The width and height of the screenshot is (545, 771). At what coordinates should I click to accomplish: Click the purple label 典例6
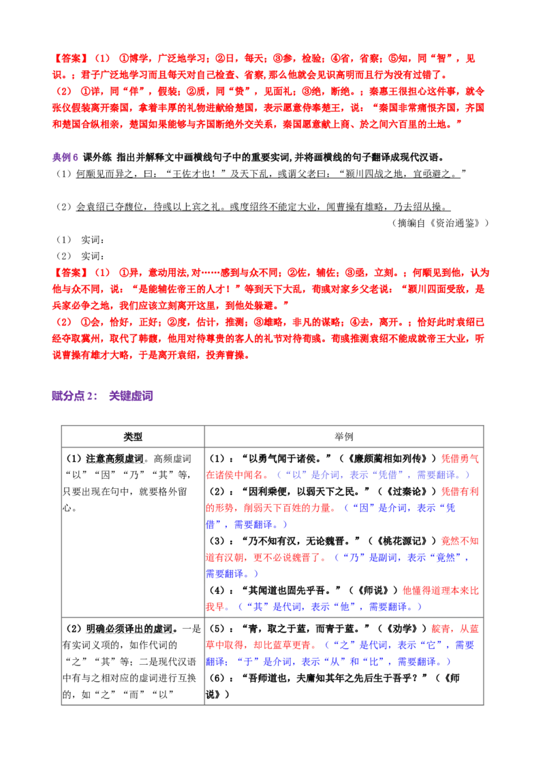[65, 157]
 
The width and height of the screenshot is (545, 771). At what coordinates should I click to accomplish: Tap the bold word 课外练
[97, 157]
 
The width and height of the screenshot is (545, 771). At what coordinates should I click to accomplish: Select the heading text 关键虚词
[131, 396]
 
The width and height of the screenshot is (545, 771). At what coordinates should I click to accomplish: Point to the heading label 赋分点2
[74, 396]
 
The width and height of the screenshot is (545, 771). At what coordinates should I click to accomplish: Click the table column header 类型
[133, 437]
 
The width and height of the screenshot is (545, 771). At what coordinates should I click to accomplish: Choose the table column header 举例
[344, 437]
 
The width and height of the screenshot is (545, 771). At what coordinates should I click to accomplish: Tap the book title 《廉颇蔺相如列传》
[387, 459]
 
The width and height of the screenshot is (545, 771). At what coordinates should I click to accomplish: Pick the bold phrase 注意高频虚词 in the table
[114, 459]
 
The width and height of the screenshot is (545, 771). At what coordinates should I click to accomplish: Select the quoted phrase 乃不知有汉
[272, 541]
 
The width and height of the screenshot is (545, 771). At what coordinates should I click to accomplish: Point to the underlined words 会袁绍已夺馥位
[109, 207]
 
